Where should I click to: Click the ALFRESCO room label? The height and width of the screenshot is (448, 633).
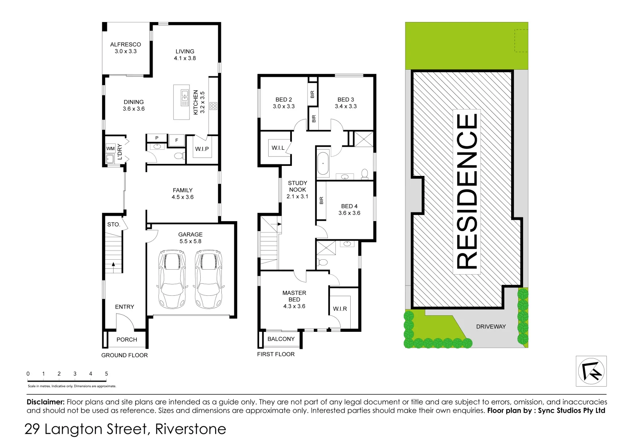point(125,44)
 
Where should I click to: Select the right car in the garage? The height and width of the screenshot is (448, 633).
point(209,279)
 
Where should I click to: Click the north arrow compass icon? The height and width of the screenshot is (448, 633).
point(591,371)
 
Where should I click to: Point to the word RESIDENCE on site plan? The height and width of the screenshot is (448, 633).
point(467,191)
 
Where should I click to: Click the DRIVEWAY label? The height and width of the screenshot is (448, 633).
point(491,326)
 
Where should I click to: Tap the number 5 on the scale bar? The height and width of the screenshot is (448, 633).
point(107,374)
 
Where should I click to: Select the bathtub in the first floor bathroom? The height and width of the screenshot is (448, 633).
point(323,164)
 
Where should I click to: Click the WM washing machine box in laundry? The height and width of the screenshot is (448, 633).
point(110,149)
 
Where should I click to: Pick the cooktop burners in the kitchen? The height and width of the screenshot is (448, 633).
point(213,106)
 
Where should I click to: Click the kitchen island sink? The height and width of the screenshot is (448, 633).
point(184,98)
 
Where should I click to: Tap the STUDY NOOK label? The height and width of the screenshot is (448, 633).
point(298,186)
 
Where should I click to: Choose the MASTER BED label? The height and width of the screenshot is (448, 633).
point(294,296)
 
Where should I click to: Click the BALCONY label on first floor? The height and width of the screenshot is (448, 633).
point(281,339)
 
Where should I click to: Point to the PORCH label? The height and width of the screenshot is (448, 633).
point(126,339)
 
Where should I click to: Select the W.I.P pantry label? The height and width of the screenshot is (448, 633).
point(202,149)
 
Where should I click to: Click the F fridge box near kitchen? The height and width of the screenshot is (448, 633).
point(177,141)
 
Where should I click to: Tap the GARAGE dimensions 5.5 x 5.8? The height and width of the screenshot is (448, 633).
point(190,241)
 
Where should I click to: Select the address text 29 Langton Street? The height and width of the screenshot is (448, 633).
point(87,429)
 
